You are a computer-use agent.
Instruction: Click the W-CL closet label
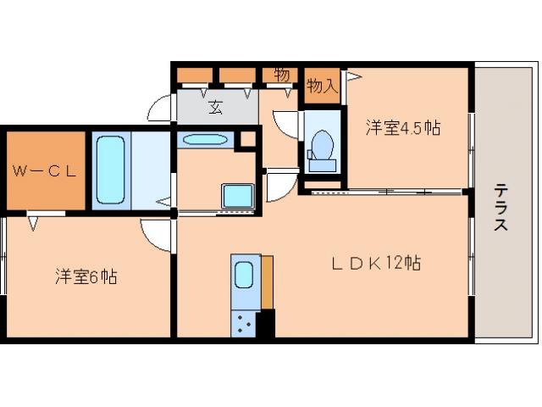pyautogui.click(x=44, y=170)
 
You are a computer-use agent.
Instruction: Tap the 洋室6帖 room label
pyautogui.click(x=86, y=276)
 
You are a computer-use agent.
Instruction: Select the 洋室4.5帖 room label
pyautogui.click(x=402, y=128)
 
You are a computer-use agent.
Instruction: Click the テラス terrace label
pyautogui.click(x=501, y=208)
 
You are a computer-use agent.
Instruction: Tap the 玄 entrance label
pyautogui.click(x=216, y=109)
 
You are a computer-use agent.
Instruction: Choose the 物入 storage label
pyautogui.click(x=322, y=85)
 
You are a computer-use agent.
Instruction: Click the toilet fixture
pyautogui.click(x=322, y=148)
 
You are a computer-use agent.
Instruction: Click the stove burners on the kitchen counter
pyautogui.click(x=245, y=322)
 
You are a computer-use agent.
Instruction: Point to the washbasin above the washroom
pyautogui.click(x=203, y=140)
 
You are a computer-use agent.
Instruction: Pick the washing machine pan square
pyautogui.click(x=238, y=196)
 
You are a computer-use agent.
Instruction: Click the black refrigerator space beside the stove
pyautogui.click(x=267, y=323)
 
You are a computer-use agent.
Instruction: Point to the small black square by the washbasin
pyautogui.click(x=248, y=138)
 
